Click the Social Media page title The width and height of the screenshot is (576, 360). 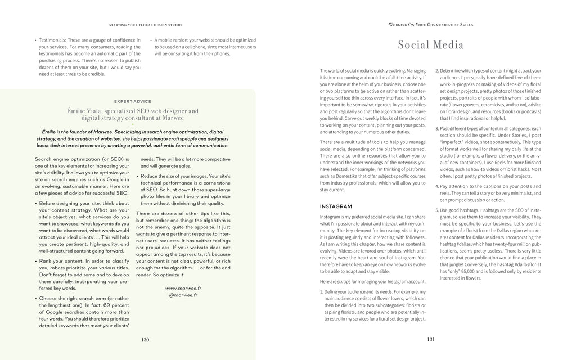431,46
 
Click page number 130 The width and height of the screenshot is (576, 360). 145,340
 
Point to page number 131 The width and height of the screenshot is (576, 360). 431,340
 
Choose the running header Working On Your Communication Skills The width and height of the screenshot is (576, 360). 431,25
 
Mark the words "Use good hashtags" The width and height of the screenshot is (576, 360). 460,209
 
